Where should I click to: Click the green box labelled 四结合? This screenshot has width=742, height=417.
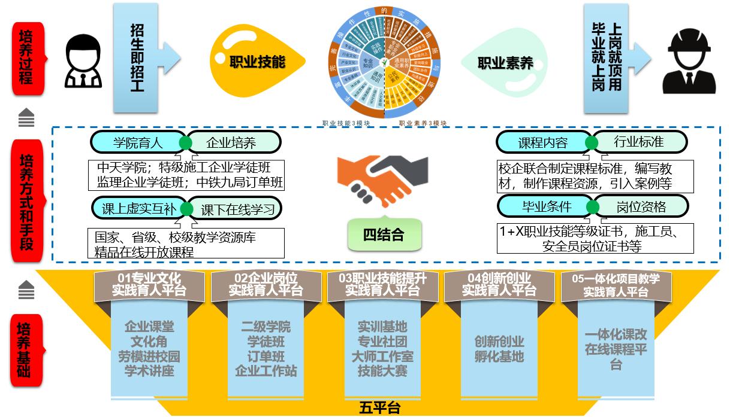[x=384, y=235]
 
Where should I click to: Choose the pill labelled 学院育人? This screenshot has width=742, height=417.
[x=138, y=142]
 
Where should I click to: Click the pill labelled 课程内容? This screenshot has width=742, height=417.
[x=543, y=143]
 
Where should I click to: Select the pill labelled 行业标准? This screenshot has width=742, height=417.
[x=639, y=142]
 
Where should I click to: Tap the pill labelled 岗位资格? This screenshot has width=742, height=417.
[x=640, y=207]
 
